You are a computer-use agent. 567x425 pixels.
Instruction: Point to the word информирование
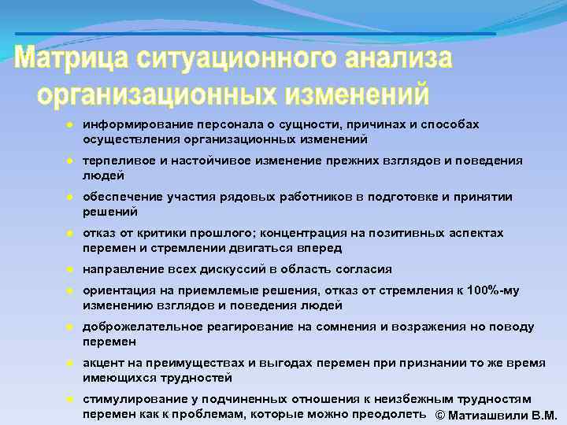(129, 124)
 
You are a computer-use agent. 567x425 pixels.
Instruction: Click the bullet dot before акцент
(70, 363)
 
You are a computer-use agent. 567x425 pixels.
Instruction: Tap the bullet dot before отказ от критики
(70, 233)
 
